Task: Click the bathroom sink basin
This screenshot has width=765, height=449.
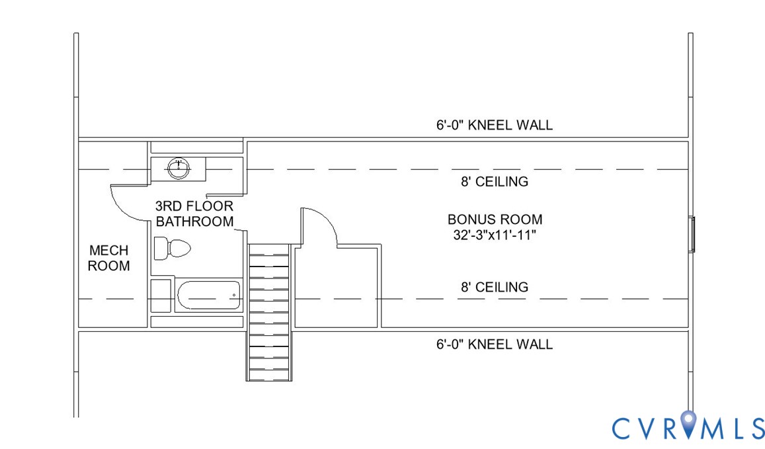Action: coord(179,169)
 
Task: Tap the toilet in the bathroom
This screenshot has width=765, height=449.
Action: coord(172,249)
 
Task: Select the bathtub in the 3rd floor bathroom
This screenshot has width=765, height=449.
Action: coord(209,296)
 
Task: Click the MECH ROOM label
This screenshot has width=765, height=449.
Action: coord(109,258)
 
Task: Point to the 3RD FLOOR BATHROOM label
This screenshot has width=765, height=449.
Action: coord(194,214)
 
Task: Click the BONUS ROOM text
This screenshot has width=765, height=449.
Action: coord(495,220)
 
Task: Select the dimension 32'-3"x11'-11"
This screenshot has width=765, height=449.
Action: coord(495,235)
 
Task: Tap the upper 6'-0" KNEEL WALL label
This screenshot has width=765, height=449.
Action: coord(495,126)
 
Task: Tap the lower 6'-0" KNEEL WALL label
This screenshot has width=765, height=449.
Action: coord(495,345)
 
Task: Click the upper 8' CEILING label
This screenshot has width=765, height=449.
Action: coord(495,182)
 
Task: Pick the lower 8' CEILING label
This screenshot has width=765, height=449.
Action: coord(495,287)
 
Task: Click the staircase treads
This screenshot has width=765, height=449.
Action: coord(269,312)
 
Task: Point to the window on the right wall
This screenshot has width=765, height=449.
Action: coord(692,234)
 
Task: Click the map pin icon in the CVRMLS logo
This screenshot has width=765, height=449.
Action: coord(688,424)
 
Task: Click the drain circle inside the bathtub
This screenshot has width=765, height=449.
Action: coord(234,296)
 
